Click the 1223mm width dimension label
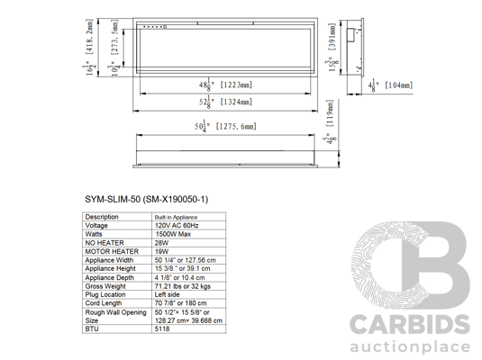tap(225, 85)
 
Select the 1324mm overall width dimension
tap(225, 102)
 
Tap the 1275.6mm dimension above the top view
tap(225, 126)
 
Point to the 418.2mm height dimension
tap(88, 48)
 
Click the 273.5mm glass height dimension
tap(114, 49)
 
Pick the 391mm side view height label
tap(332, 48)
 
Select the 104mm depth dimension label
tap(390, 85)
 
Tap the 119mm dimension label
tap(329, 121)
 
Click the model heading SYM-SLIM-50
tap(146, 200)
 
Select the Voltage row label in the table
tap(96, 226)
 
